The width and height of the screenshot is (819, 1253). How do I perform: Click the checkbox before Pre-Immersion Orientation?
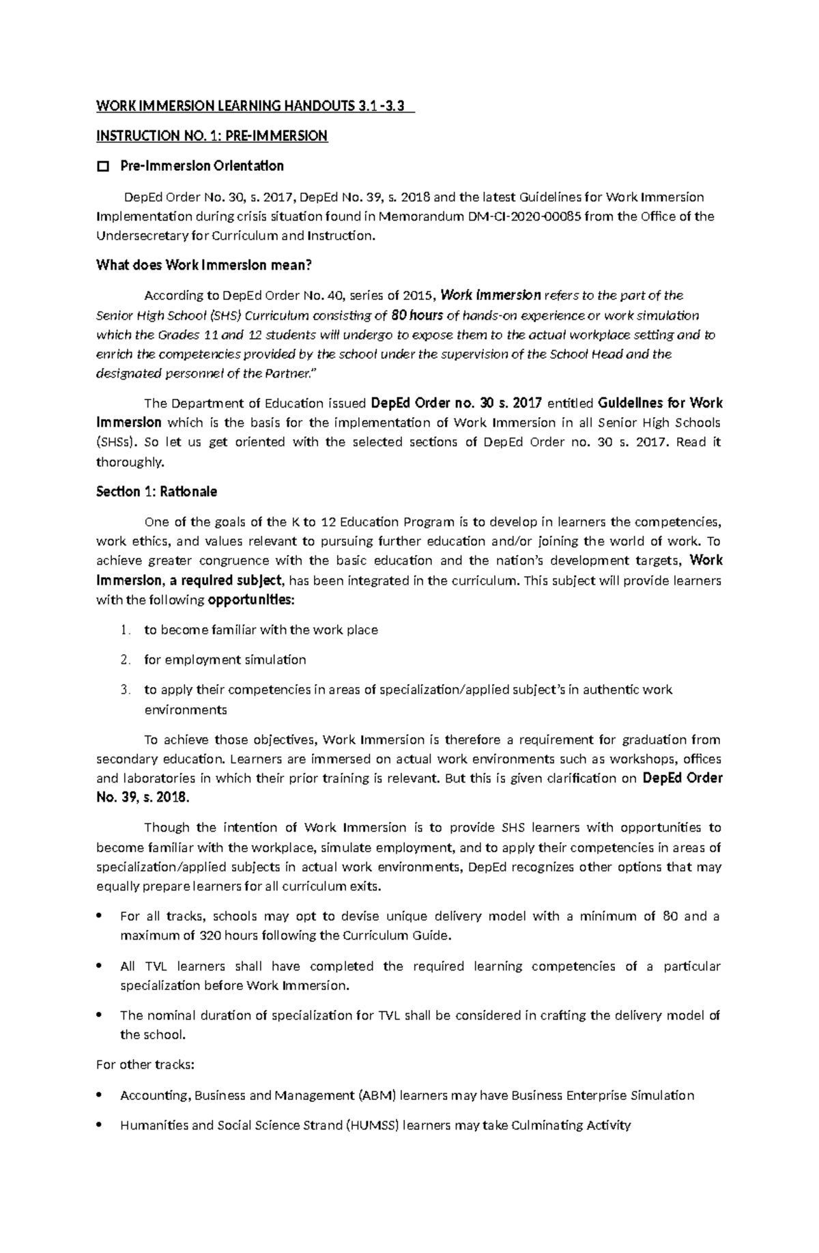pos(103,166)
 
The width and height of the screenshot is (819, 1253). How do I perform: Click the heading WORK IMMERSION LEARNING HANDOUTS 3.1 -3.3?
pos(255,106)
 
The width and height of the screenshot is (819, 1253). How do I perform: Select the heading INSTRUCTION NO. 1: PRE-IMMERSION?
pos(212,136)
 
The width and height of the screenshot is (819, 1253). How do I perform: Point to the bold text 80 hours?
pos(417,315)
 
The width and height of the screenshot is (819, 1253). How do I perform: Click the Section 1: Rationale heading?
pos(156,492)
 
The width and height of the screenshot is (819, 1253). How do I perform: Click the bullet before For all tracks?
pos(100,916)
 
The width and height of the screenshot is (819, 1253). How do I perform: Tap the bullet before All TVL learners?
pos(100,966)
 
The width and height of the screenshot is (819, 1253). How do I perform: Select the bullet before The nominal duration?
pos(100,1015)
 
